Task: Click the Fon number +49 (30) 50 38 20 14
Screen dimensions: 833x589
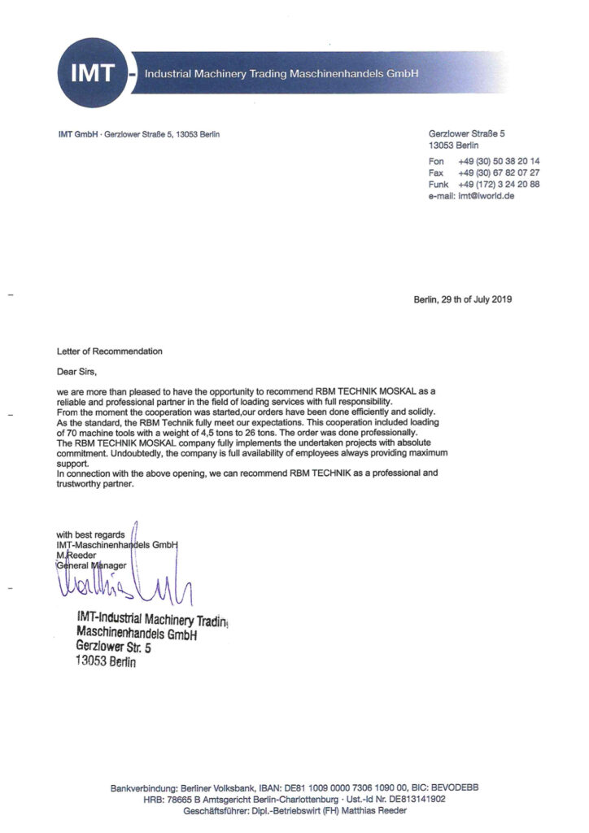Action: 499,161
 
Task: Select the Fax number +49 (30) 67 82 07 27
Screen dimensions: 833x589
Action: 499,172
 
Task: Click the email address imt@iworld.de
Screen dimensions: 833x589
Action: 486,196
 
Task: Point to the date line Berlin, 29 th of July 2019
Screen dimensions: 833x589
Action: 463,299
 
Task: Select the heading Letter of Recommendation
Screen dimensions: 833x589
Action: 110,351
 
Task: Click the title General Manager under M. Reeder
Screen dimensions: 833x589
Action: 91,565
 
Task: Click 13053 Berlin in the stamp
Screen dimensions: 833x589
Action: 106,662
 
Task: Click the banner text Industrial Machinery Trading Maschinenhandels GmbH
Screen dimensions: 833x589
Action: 281,74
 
